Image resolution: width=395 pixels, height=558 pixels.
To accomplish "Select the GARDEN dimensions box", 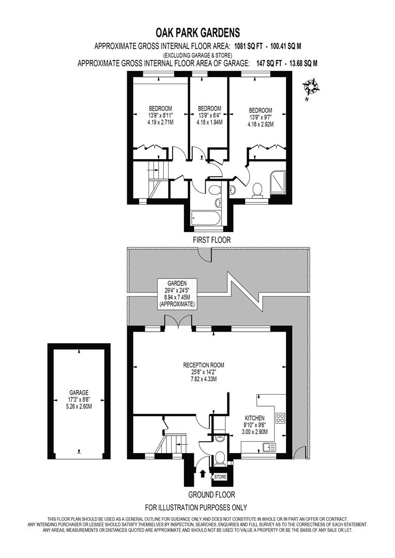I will pos(177,294).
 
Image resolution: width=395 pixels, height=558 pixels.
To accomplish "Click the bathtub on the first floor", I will pos(205,218).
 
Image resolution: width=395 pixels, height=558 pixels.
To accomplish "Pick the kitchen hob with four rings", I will pos(281,417).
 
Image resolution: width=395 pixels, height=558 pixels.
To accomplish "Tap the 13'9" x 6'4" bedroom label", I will pos(209,115).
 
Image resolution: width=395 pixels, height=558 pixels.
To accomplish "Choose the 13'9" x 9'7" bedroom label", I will pos(260,117).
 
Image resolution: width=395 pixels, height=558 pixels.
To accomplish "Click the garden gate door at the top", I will pos(206,253).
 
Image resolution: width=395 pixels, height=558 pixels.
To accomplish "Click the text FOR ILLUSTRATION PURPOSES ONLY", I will pos(195,507).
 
